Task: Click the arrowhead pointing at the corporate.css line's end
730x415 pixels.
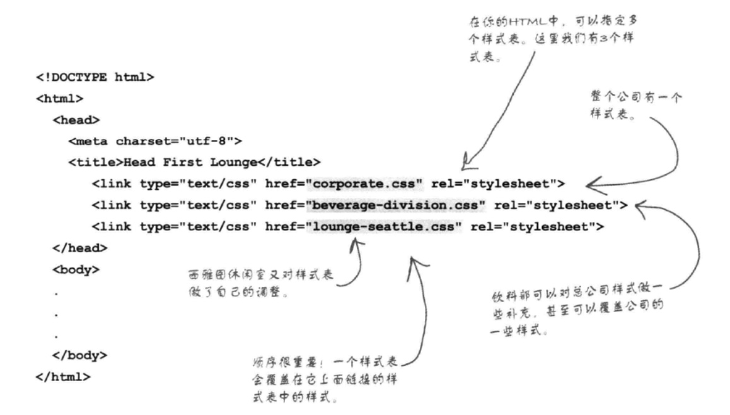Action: [589, 184]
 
